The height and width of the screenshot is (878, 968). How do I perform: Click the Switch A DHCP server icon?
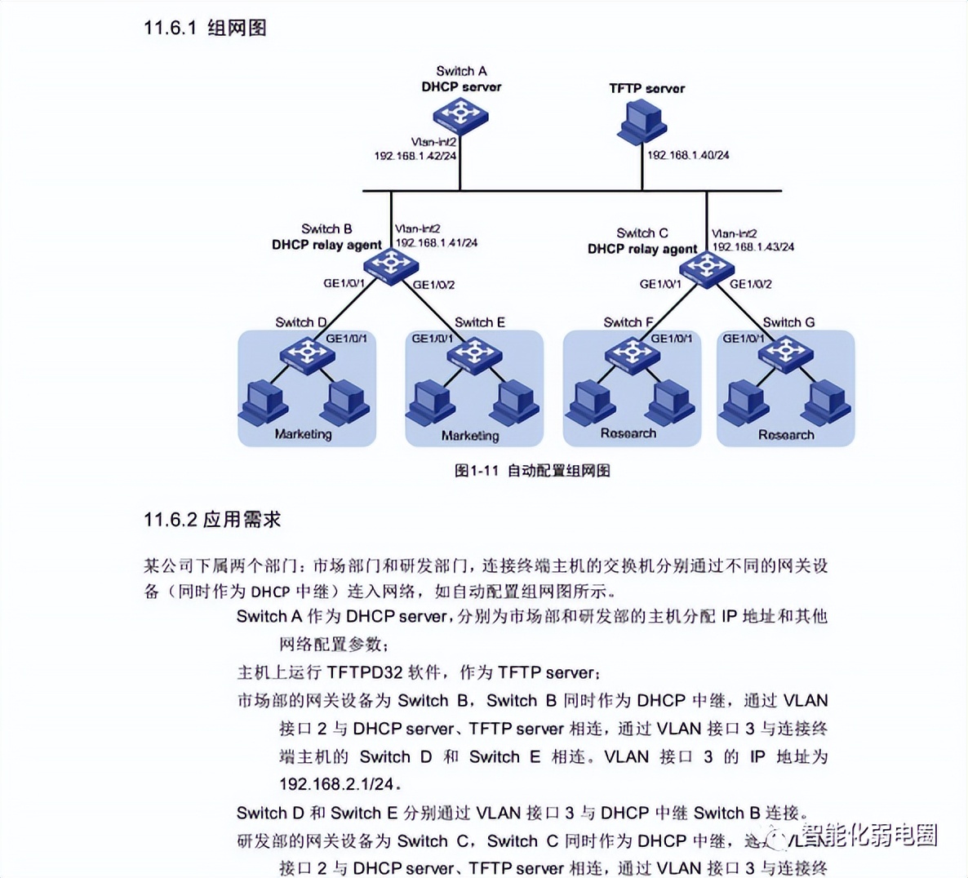click(x=461, y=115)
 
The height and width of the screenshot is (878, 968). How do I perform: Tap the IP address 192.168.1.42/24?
click(x=415, y=155)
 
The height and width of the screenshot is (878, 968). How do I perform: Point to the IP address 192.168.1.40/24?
click(x=688, y=155)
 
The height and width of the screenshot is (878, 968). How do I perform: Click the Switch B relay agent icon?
click(x=391, y=264)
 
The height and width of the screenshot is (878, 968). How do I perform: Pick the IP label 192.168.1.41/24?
click(x=437, y=243)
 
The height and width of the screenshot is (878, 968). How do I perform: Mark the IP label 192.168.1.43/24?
click(x=753, y=246)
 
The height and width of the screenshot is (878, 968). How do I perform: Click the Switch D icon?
click(x=308, y=355)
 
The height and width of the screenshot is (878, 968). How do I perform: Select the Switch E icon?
click(x=475, y=356)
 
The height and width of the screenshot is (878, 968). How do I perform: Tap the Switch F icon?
click(x=632, y=356)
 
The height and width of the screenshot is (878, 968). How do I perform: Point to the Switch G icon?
click(x=786, y=354)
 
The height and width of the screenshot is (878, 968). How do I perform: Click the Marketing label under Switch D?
click(x=304, y=434)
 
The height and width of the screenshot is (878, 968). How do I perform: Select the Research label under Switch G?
click(x=786, y=435)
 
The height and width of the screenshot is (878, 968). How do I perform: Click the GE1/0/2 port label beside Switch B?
click(x=433, y=285)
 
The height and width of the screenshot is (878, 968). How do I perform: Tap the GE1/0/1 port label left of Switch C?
click(x=660, y=284)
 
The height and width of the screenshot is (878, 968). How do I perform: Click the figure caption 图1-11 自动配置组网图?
click(x=532, y=471)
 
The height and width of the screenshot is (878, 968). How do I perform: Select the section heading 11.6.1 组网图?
click(x=205, y=29)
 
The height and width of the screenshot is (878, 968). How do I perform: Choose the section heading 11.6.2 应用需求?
click(x=212, y=520)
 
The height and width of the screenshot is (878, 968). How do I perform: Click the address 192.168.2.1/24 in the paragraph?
click(x=336, y=784)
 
